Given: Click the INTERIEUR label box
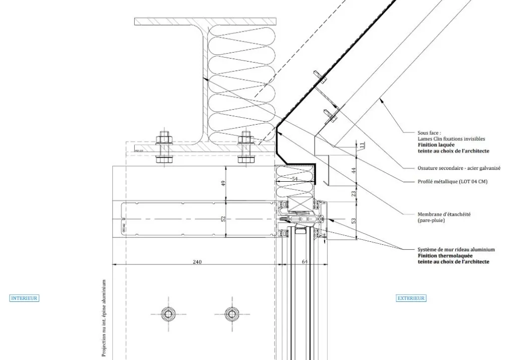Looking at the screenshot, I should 24,298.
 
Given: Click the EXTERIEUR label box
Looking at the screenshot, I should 411,298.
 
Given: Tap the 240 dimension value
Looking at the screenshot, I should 197,261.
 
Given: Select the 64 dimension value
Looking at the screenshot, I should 305,261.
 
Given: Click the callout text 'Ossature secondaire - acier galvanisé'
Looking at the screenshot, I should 459,169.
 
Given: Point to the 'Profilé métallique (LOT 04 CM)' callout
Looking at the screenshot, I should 452,182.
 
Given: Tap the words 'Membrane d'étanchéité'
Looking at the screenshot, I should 444,214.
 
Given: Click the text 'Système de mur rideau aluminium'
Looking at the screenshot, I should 456,249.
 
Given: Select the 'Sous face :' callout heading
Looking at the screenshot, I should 429,133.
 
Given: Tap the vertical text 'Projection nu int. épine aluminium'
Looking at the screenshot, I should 104,318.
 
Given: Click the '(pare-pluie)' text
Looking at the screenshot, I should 431,220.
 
